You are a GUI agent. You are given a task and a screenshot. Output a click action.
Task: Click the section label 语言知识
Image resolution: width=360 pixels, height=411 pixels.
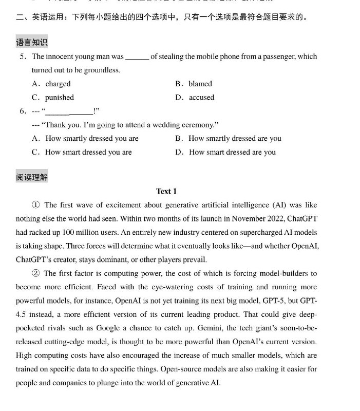(32, 43)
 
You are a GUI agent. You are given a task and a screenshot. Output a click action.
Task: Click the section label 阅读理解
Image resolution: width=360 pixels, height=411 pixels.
(32, 177)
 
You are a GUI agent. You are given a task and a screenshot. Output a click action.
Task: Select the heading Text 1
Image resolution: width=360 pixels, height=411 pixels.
(166, 191)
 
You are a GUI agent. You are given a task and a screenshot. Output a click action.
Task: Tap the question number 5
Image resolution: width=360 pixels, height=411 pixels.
(23, 57)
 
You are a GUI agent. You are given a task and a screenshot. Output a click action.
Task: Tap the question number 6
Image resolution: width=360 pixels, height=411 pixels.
(23, 111)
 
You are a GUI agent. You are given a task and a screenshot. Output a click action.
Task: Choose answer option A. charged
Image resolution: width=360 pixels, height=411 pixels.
(51, 84)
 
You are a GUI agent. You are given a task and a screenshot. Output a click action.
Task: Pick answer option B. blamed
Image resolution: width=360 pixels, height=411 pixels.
(194, 84)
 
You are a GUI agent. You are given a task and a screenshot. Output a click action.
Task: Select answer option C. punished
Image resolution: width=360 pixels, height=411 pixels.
(53, 98)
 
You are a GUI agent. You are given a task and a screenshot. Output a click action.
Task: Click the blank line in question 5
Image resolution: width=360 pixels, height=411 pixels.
(137, 58)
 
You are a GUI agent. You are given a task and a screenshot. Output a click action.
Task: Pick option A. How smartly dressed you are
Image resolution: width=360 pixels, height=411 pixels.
(85, 138)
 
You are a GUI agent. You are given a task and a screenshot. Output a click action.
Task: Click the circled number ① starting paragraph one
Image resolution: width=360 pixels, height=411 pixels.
(36, 205)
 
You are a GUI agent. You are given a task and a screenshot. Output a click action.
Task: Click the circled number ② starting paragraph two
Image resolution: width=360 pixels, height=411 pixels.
(36, 273)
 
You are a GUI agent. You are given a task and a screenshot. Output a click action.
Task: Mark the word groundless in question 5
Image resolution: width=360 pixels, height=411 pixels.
(102, 70)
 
